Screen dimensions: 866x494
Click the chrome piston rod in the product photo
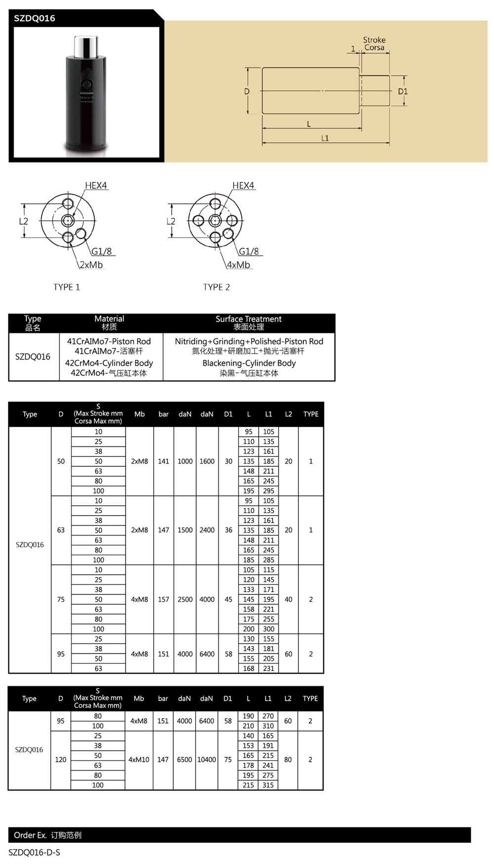[x=85, y=46]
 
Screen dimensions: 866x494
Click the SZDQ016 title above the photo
[x=35, y=18]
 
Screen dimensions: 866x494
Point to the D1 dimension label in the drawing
[x=403, y=91]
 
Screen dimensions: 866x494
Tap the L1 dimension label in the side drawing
[x=325, y=138]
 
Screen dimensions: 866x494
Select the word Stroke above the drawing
[x=374, y=40]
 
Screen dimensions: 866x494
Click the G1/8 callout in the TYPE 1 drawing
[x=102, y=251]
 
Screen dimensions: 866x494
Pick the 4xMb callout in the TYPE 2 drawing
[x=239, y=265]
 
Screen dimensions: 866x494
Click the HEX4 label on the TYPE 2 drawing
[x=243, y=185]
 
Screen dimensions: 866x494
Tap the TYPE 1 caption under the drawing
[x=67, y=287]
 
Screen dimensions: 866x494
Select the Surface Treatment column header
[x=248, y=319]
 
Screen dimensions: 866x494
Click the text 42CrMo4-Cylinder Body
[x=109, y=363]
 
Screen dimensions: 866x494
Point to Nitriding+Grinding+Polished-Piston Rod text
[x=249, y=341]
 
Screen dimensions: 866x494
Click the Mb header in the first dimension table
[x=140, y=414]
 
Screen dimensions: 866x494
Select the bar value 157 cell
[x=164, y=599]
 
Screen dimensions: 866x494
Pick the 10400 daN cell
[x=206, y=760]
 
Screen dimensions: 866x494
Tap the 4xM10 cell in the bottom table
[x=139, y=760]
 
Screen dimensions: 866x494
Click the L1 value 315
[x=268, y=785]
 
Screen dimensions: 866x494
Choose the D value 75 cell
[x=61, y=599]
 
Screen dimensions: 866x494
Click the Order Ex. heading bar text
[x=47, y=835]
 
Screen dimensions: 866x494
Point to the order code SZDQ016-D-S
[x=35, y=853]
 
